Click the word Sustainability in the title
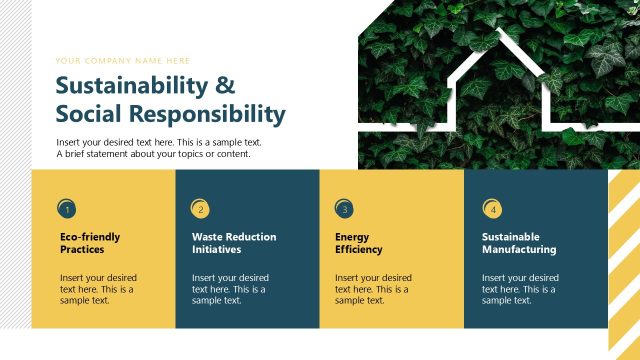pos(133,85)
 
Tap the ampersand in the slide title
pos(227,85)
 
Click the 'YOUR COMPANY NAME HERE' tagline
pos(123,60)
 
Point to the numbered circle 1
pos(67,209)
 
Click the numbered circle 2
pos(200,209)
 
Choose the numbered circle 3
pos(344,209)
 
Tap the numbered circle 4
pos(492,209)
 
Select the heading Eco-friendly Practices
pos(90,243)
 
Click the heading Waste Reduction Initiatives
pos(234,243)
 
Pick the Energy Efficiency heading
pos(358,243)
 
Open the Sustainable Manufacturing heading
pos(519,243)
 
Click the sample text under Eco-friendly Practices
pos(98,289)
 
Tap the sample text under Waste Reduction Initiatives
pos(230,289)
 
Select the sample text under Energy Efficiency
pos(373,289)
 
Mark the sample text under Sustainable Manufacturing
pos(520,289)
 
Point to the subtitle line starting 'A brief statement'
pos(153,154)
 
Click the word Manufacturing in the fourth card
pos(519,250)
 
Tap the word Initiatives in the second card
pos(216,250)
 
